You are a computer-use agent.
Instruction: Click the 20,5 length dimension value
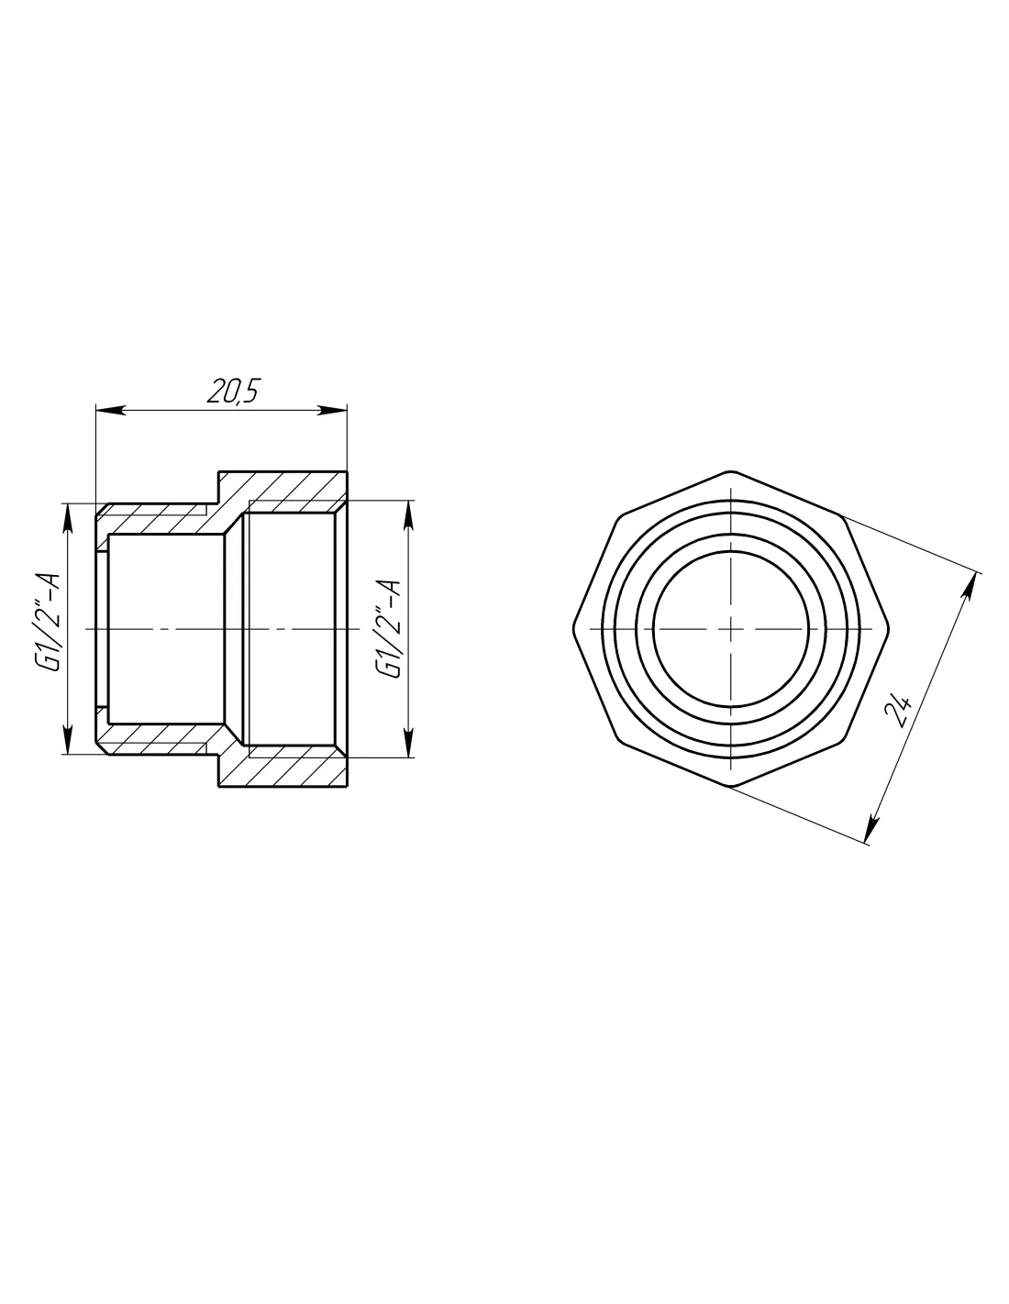tap(233, 392)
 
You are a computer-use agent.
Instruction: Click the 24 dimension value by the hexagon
tap(898, 712)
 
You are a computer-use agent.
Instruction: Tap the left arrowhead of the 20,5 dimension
tap(110, 410)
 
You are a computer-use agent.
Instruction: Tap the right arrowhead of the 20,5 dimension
tap(333, 410)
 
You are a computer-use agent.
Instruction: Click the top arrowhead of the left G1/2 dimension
tap(67, 517)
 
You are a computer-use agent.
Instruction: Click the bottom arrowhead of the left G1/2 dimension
tap(67, 739)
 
